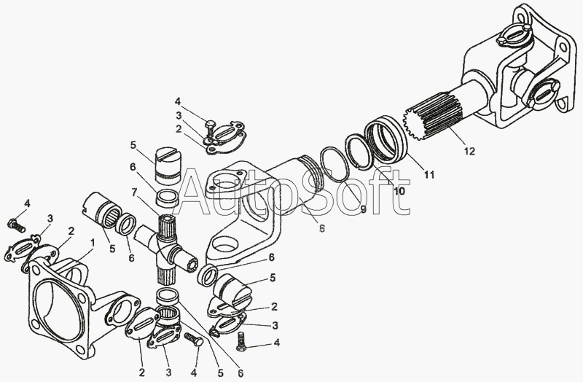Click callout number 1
pyautogui.click(x=93, y=243)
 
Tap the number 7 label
pyautogui.click(x=134, y=192)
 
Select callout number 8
pyautogui.click(x=322, y=228)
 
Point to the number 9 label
pyautogui.click(x=363, y=209)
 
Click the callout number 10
pyautogui.click(x=399, y=191)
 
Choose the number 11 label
pyautogui.click(x=429, y=174)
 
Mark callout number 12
pyautogui.click(x=469, y=151)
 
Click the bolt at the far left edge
pyautogui.click(x=16, y=225)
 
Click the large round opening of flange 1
pyautogui.click(x=58, y=305)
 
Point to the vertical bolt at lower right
pyautogui.click(x=241, y=341)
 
